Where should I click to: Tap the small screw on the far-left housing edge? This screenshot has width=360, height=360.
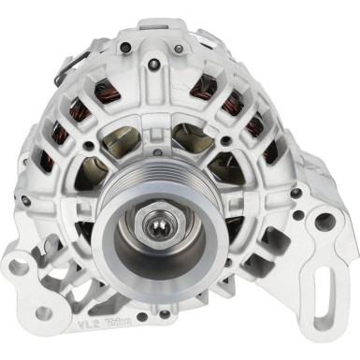point(25,200)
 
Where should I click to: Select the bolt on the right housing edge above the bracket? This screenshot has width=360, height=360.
point(296,193)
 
